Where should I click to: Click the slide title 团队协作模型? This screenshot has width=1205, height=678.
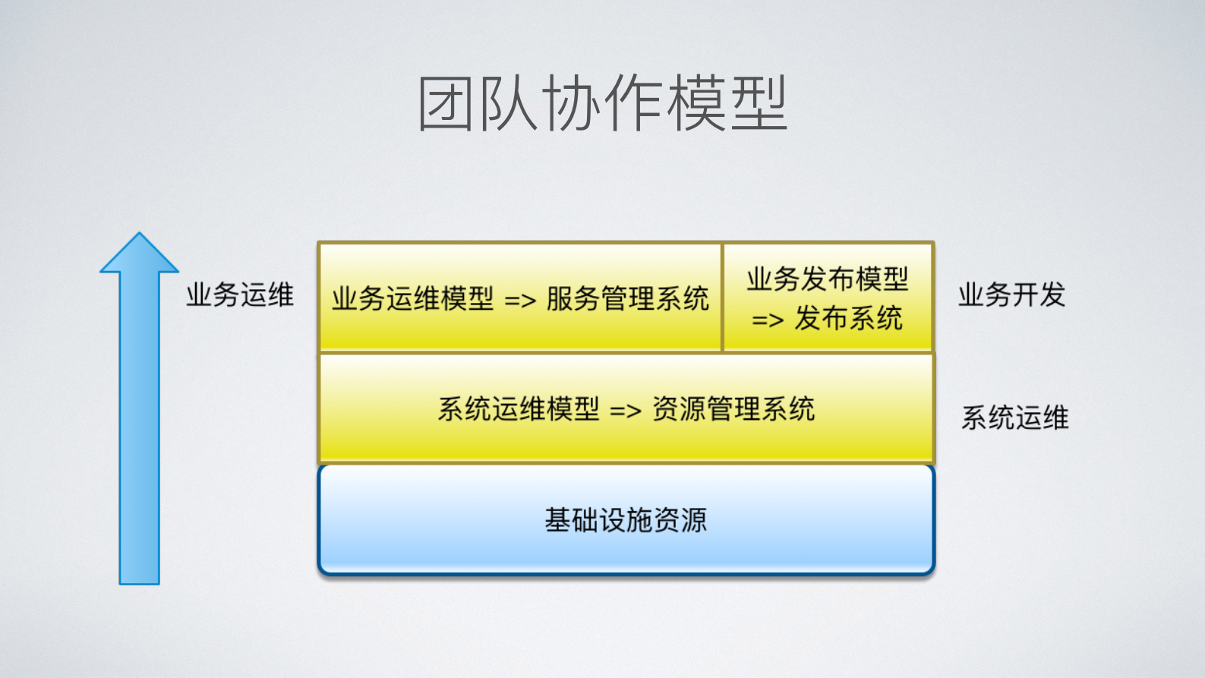(x=602, y=104)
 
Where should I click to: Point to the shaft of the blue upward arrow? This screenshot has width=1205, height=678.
(x=140, y=425)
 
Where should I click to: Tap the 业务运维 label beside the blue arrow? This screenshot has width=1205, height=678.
(x=240, y=295)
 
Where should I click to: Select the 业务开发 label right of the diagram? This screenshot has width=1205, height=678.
(x=1011, y=295)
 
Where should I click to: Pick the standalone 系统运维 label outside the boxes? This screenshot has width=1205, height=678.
(x=1014, y=418)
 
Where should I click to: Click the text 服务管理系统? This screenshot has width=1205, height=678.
(x=627, y=298)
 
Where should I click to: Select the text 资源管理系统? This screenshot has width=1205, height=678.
(x=733, y=409)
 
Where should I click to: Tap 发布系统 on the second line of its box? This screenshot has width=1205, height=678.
(x=848, y=318)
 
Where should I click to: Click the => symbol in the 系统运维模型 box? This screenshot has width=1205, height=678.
(x=626, y=412)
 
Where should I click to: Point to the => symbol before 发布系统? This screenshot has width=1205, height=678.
(x=768, y=320)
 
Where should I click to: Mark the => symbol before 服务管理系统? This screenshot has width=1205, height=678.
(x=520, y=301)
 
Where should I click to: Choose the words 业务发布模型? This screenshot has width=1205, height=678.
(x=828, y=279)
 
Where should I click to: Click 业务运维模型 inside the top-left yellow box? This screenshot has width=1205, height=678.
(x=412, y=298)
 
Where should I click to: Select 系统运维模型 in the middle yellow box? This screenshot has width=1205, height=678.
(x=519, y=409)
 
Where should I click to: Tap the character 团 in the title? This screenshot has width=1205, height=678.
(x=447, y=104)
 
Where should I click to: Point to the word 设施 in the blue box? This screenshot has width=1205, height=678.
(x=626, y=520)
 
